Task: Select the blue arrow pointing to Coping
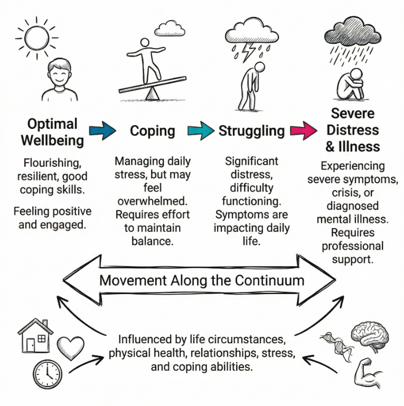point(104,131)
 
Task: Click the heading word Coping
point(153,131)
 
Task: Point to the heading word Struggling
point(251,131)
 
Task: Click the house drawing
point(35,336)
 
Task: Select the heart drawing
point(70,347)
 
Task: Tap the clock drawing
point(48,375)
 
